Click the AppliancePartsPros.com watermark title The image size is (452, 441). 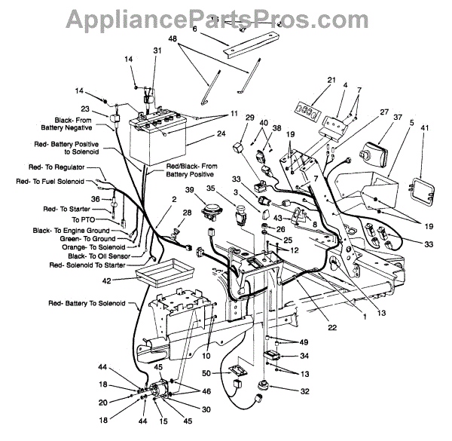pyautogui.click(x=225, y=17)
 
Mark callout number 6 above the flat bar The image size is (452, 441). pyautogui.click(x=194, y=29)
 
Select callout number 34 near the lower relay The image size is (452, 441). pyautogui.click(x=304, y=355)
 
